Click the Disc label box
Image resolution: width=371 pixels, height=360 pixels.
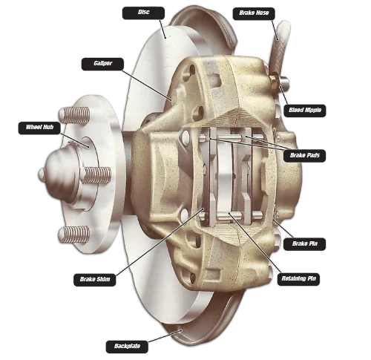[x=143, y=13]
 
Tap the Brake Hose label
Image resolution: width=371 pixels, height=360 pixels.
[x=254, y=13]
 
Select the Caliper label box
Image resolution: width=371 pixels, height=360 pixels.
[x=102, y=64]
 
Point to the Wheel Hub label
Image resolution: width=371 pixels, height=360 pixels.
[x=39, y=128]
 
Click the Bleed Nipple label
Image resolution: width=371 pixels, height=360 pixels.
[x=305, y=111]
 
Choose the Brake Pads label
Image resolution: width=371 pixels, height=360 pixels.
[x=304, y=156]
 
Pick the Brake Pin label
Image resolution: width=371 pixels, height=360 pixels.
[x=304, y=244]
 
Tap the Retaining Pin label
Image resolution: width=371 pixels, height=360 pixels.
[x=298, y=279]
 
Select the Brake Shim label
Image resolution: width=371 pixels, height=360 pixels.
[x=95, y=280]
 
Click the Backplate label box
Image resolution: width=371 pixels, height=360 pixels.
[x=127, y=347]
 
